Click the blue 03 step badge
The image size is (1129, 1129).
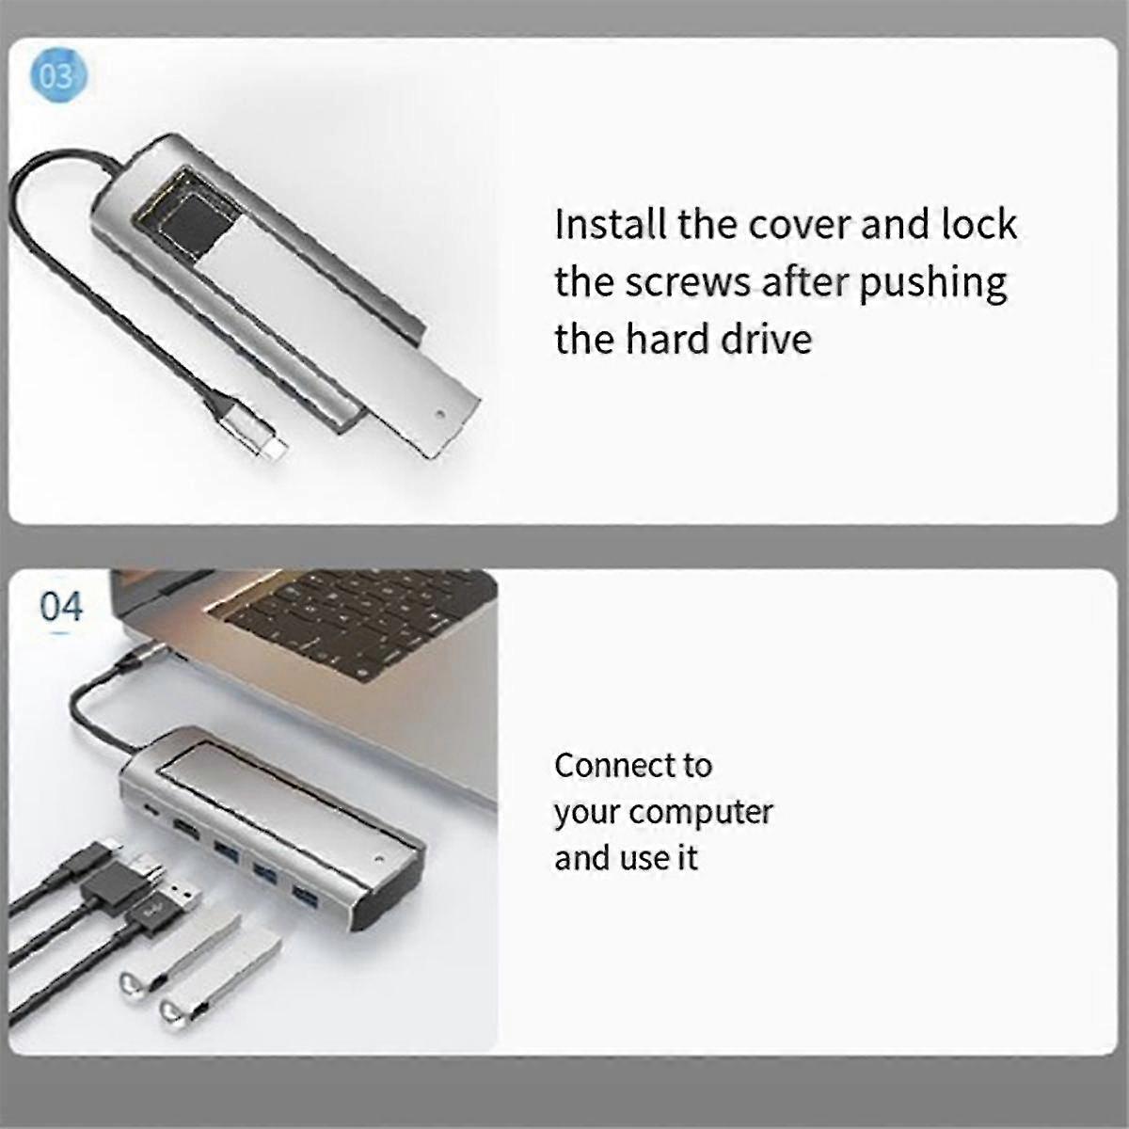click(x=58, y=77)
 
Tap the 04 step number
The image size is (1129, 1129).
click(x=61, y=607)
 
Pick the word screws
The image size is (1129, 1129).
click(x=687, y=283)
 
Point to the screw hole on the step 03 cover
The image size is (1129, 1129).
click(x=439, y=414)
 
